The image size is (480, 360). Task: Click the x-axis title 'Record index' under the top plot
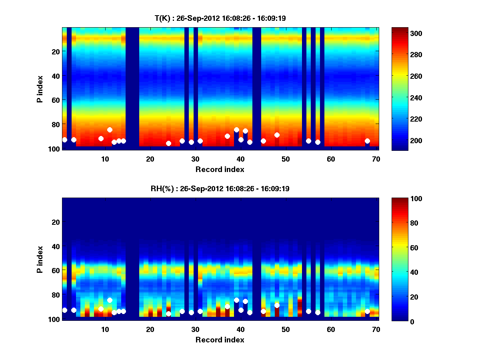click(x=220, y=170)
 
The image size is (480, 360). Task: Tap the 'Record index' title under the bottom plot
click(x=220, y=340)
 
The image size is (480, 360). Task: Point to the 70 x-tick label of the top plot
click(x=376, y=159)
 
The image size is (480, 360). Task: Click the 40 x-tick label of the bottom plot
click(x=240, y=329)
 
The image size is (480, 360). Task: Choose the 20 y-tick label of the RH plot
click(x=56, y=222)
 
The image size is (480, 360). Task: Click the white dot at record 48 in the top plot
click(x=277, y=135)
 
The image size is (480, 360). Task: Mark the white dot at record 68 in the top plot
click(x=367, y=141)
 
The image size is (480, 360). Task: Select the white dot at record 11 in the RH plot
click(x=110, y=300)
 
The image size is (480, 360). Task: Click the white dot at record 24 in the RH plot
click(x=168, y=314)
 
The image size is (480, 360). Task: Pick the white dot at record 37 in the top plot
click(x=227, y=136)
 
